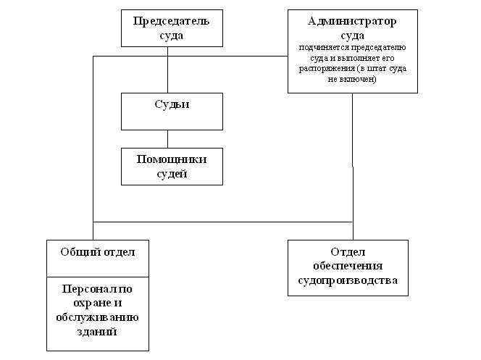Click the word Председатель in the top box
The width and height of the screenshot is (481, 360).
pyautogui.click(x=171, y=20)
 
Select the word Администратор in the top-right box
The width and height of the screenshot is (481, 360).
pyautogui.click(x=352, y=21)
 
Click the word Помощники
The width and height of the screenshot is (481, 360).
pyautogui.click(x=172, y=159)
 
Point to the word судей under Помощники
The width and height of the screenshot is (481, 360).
pyautogui.click(x=172, y=173)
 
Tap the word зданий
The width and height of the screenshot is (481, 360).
pyautogui.click(x=97, y=331)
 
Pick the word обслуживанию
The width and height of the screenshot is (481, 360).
pyautogui.click(x=97, y=317)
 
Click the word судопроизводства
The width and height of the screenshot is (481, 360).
pyautogui.click(x=352, y=280)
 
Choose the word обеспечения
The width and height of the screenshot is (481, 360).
pyautogui.click(x=352, y=266)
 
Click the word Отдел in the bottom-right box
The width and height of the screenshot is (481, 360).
pyautogui.click(x=352, y=251)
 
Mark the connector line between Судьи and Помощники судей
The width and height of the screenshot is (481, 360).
pyautogui.click(x=168, y=138)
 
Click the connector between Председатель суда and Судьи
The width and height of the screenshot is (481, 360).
pyautogui.click(x=168, y=69)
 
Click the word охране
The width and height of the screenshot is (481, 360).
pyautogui.click(x=97, y=304)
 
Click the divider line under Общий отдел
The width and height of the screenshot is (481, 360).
pyautogui.click(x=97, y=275)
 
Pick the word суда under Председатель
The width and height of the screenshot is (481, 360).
pyautogui.click(x=171, y=34)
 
